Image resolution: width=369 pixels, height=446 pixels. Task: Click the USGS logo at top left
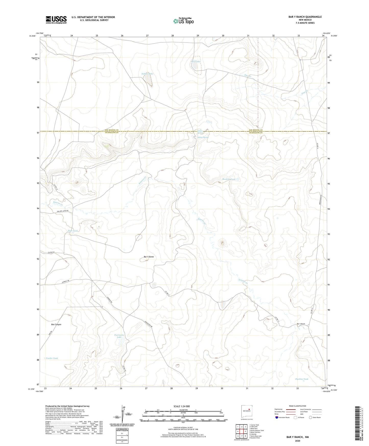pos(56,20)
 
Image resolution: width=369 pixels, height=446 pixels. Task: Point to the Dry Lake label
pos(196,62)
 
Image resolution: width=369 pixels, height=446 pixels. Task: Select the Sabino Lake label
pos(147,74)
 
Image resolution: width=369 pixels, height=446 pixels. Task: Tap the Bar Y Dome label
pos(149,257)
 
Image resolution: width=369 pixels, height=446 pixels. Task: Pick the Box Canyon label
pos(56,324)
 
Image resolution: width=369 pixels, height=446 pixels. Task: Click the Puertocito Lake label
pos(119,336)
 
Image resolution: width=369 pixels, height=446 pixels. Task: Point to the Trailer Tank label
pos(52,358)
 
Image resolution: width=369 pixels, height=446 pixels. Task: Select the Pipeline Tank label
pos(302,379)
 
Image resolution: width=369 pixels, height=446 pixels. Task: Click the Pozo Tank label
pos(73,231)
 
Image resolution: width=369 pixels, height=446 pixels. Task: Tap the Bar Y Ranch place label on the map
pos(301,324)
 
